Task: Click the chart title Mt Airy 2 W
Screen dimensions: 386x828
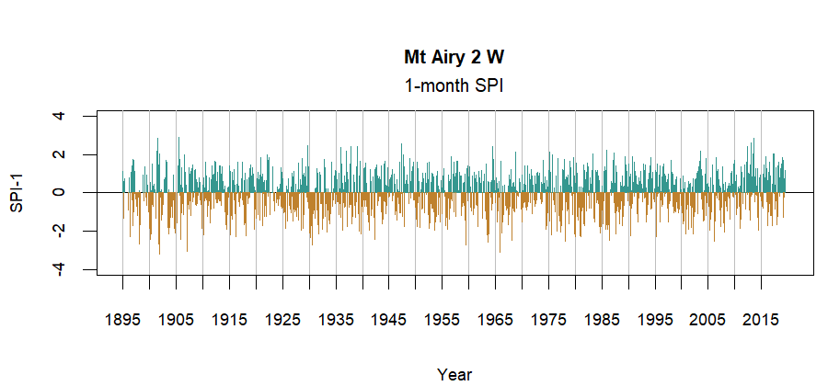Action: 454,57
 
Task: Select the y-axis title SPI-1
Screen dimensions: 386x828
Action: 16,193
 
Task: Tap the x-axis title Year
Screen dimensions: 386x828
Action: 454,374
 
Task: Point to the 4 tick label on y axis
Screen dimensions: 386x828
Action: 59,116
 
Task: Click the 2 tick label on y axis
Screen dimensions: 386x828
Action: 59,154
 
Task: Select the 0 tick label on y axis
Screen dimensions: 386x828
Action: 59,193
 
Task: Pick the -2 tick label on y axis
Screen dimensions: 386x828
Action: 59,232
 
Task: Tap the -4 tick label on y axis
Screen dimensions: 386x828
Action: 59,269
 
